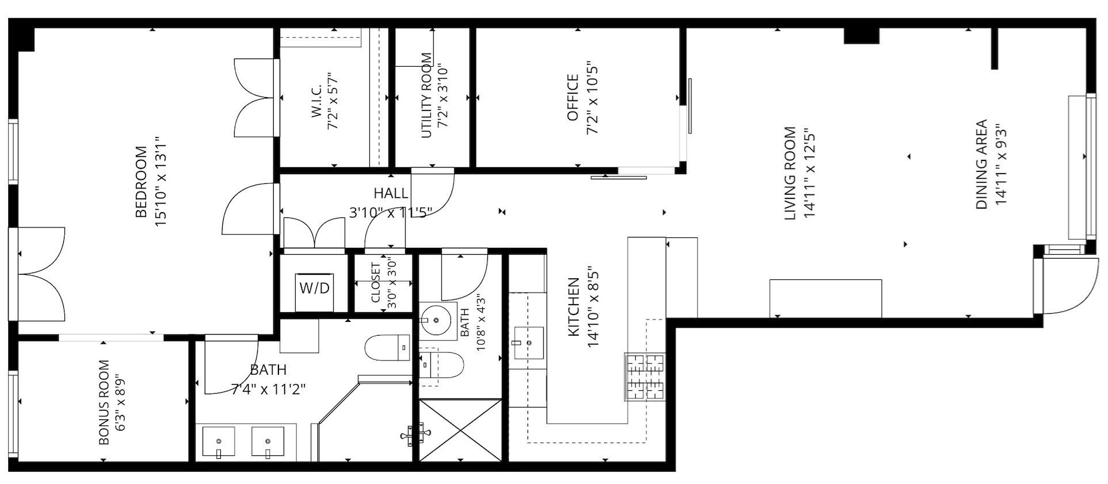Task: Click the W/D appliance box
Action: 314,287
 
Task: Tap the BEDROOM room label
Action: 141,182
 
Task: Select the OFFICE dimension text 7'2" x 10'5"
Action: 593,98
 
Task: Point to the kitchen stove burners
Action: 644,377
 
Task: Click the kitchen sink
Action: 529,343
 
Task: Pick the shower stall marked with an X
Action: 461,429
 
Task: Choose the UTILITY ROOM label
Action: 426,95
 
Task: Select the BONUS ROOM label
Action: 104,402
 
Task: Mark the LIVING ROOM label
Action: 790,173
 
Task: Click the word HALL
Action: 391,193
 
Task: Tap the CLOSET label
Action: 376,283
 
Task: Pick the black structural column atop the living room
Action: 861,35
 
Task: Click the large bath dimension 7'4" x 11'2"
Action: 268,389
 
